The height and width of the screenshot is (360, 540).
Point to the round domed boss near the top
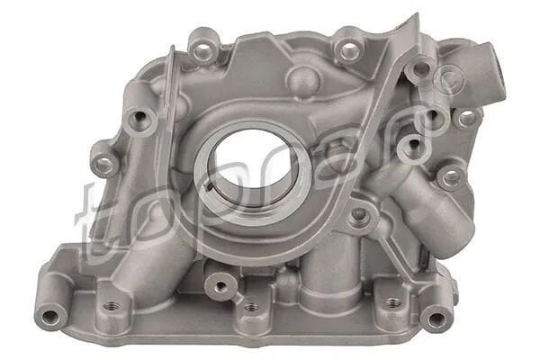tap(302, 81)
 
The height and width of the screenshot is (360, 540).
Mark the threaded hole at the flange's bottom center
tap(250, 308)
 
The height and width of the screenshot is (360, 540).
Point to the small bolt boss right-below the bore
tap(360, 215)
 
